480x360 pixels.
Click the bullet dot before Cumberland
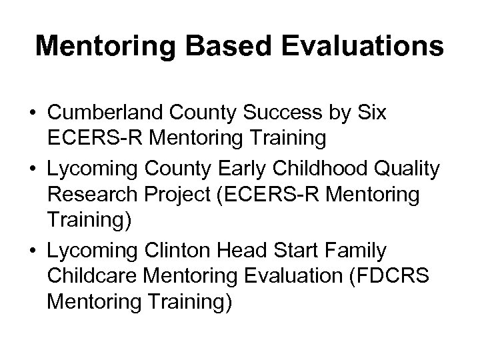coord(32,115)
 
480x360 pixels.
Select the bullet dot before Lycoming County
coord(32,171)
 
